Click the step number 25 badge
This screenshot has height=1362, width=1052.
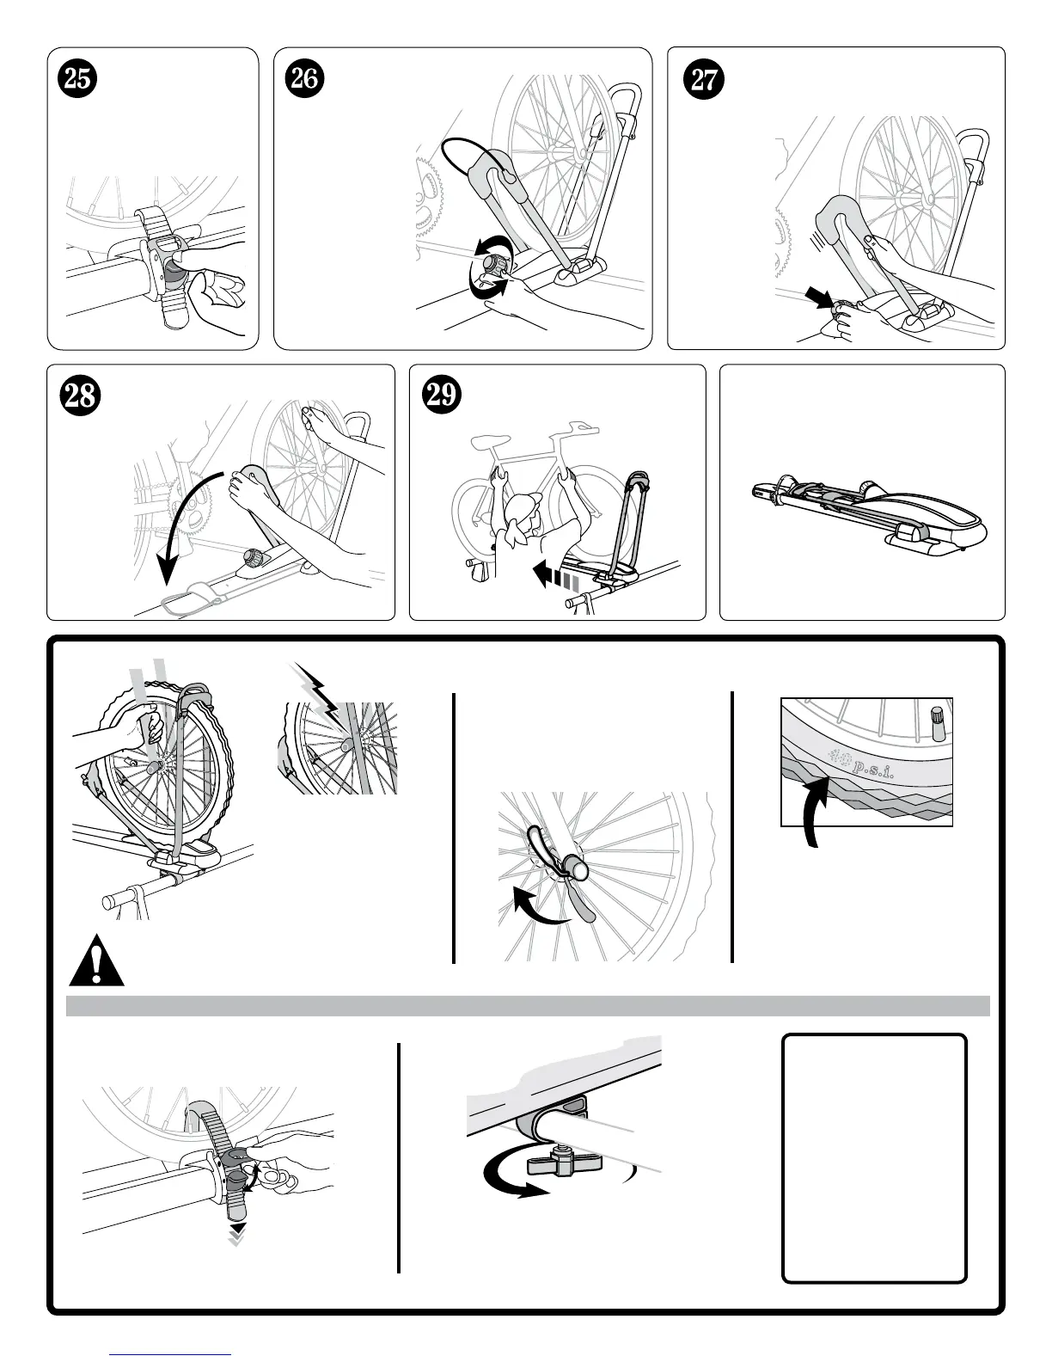coord(75,78)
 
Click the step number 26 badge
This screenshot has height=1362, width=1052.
coord(303,78)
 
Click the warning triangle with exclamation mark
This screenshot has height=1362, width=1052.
coord(96,962)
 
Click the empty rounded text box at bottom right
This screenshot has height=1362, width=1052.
coord(874,1157)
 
